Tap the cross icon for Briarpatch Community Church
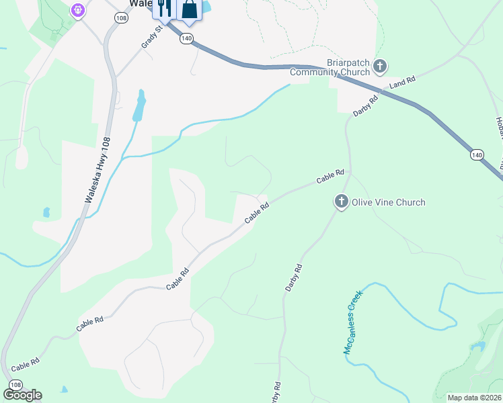pyautogui.click(x=381, y=66)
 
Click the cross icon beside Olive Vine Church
pyautogui.click(x=342, y=201)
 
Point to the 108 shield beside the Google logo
pyautogui.click(x=15, y=384)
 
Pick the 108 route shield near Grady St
pyautogui.click(x=120, y=18)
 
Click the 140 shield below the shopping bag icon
pyautogui.click(x=186, y=40)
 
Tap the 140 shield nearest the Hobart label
pyautogui.click(x=476, y=155)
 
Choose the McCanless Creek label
pyautogui.click(x=352, y=322)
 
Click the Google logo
pyautogui.click(x=22, y=395)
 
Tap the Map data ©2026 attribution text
pyautogui.click(x=474, y=398)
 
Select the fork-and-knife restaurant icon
pyautogui.click(x=164, y=9)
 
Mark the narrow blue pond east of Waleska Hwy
pyautogui.click(x=139, y=105)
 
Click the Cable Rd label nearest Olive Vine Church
pyautogui.click(x=331, y=177)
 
